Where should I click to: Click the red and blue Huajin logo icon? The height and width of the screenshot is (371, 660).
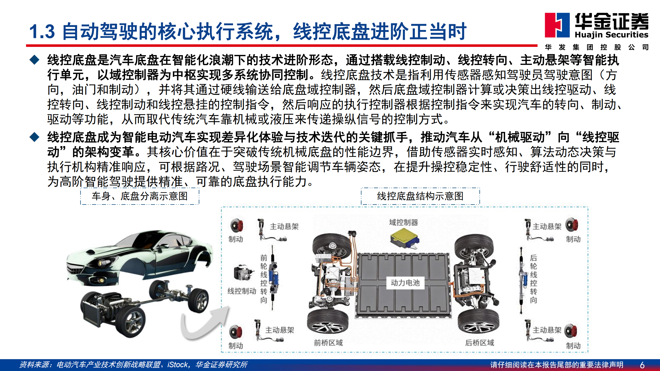tap(557, 25)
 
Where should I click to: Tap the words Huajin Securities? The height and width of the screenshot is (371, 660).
tap(611, 35)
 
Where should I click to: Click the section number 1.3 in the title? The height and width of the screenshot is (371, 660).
tap(42, 32)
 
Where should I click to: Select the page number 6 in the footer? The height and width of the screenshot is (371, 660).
tap(642, 365)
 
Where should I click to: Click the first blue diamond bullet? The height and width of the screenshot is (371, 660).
tap(34, 60)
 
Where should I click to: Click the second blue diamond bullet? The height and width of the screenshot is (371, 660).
tap(34, 137)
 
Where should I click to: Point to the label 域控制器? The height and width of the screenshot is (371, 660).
tap(403, 222)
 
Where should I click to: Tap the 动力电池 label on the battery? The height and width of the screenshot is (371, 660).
tap(405, 283)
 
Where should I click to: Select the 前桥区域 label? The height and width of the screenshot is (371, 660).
tap(328, 343)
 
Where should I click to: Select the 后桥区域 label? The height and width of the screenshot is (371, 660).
tap(480, 343)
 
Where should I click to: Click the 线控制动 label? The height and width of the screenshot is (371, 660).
tap(242, 291)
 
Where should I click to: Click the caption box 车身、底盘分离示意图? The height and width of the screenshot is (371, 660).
tap(140, 196)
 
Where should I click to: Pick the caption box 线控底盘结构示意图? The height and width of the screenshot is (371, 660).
tap(420, 196)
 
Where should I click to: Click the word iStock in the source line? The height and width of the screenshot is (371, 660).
tap(178, 365)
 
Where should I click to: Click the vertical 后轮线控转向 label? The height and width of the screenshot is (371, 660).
tap(533, 279)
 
